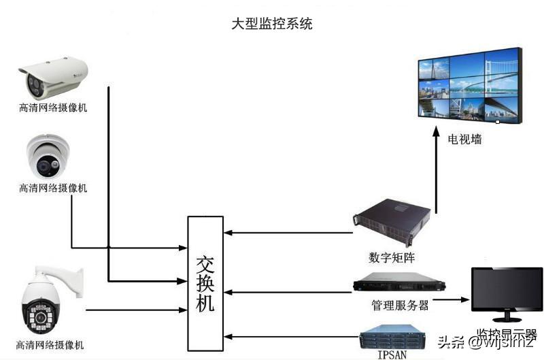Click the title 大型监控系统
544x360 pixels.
pyautogui.click(x=272, y=23)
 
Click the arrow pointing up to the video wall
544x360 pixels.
pyautogui.click(x=436, y=170)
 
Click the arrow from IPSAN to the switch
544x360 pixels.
pyautogui.click(x=292, y=336)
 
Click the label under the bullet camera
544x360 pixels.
pyautogui.click(x=53, y=108)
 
